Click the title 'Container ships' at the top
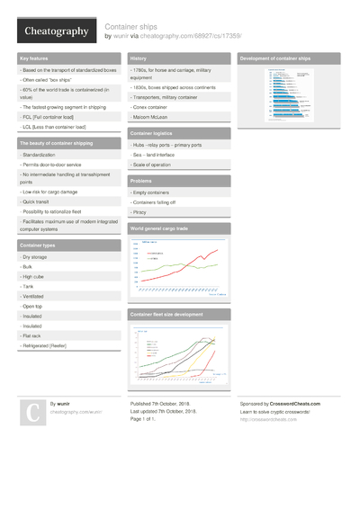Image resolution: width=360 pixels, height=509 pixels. [133, 26]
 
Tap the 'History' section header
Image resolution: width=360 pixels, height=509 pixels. [139, 58]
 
